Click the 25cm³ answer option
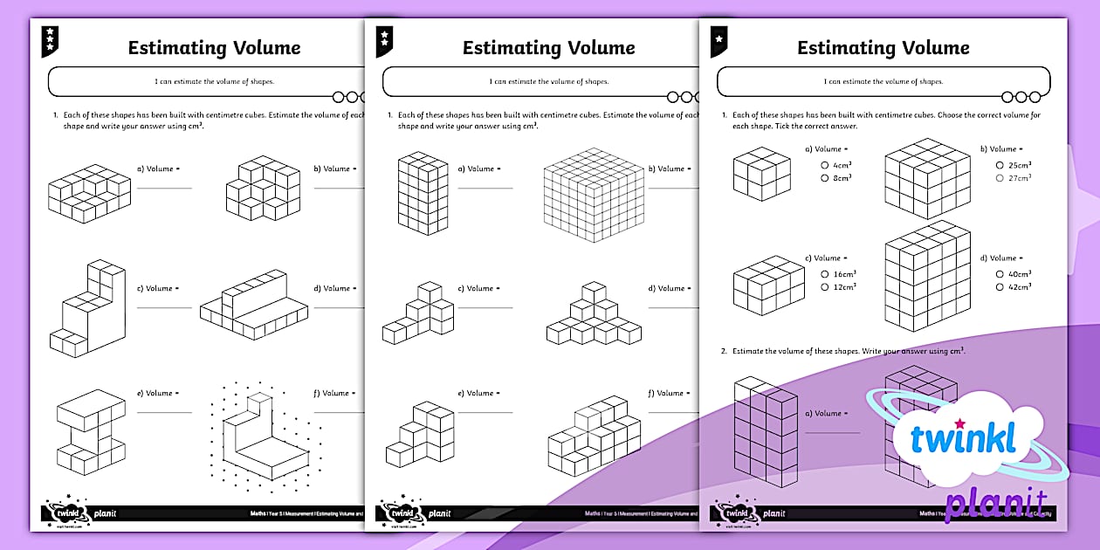click(1019, 165)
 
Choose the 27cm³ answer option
click(1019, 178)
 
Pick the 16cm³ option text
click(843, 274)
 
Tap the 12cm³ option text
click(843, 286)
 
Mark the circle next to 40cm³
click(1000, 274)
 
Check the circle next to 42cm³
click(1000, 286)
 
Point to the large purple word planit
click(995, 506)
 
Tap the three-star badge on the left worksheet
click(51, 39)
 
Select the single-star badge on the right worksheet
click(719, 39)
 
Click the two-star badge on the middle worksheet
click(385, 39)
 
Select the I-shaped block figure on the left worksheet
click(93, 432)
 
